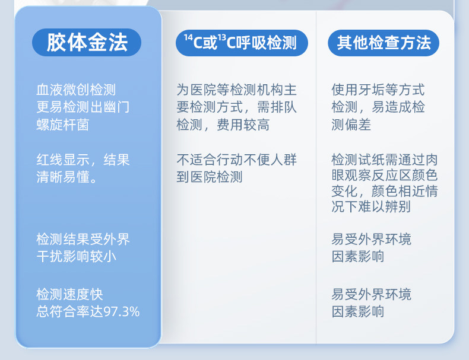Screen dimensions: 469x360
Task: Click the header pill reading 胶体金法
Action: (x=87, y=43)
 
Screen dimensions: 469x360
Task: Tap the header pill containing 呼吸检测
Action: (x=242, y=43)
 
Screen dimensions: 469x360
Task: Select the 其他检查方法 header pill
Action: (x=384, y=43)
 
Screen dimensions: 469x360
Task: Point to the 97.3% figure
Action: (x=122, y=311)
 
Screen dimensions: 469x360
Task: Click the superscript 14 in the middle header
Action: (x=188, y=37)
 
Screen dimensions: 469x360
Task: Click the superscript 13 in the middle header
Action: (x=221, y=37)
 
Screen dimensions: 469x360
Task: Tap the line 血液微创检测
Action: (x=76, y=90)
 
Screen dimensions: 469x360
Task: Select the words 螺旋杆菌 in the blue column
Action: (x=63, y=125)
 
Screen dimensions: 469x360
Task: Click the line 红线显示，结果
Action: (x=83, y=160)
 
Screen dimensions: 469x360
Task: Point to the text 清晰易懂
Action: (x=63, y=177)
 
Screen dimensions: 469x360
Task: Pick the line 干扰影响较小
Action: (x=76, y=256)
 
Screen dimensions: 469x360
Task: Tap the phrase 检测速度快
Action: (x=69, y=294)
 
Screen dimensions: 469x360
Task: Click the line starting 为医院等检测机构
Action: (x=237, y=90)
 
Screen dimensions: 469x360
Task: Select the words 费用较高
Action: (x=243, y=125)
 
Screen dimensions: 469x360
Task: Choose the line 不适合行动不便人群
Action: (x=237, y=160)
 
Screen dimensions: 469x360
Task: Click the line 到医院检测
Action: (x=210, y=177)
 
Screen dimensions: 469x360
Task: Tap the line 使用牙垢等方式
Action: (x=378, y=90)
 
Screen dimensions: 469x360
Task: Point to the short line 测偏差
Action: (x=351, y=125)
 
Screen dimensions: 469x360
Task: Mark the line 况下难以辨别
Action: (x=371, y=206)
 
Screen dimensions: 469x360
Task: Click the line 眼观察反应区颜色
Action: (x=385, y=175)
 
